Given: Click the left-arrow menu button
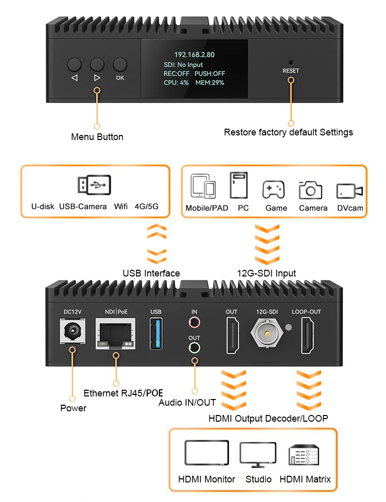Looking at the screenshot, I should coord(74,64).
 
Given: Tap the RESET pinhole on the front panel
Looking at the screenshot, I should coord(290,61).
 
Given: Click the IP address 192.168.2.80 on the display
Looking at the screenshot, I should coord(194,55).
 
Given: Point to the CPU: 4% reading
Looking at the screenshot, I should coord(176,82).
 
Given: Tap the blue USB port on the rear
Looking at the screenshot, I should coord(156,334).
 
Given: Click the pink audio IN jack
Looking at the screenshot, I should coord(194,323).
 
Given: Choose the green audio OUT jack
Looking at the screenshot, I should coord(194,348).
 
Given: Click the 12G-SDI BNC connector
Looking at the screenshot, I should coord(268,334).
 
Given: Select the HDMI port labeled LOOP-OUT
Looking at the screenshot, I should coord(308,336).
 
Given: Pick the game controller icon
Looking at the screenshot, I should coord(273,190).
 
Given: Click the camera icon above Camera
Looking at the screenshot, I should coord(310,190).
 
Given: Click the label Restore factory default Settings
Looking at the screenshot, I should coord(288,132).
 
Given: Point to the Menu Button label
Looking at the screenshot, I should coord(97,137).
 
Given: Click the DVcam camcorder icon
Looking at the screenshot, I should coord(349,191).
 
